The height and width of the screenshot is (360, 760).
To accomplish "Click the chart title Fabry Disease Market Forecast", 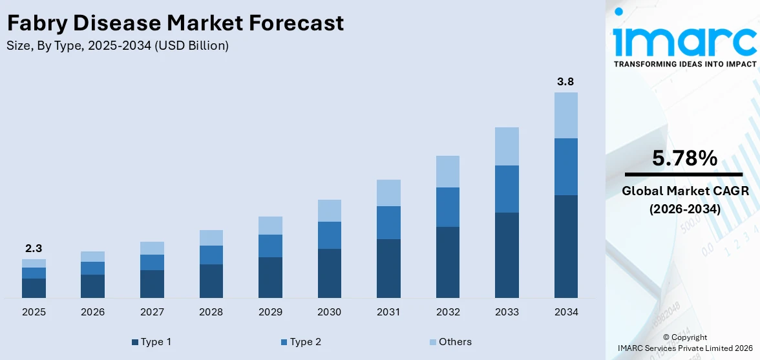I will click(x=175, y=24).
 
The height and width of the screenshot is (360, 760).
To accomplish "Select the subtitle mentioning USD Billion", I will click(x=117, y=46).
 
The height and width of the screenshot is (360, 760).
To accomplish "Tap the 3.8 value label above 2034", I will click(x=565, y=82).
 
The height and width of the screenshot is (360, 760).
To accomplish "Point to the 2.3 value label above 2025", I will click(x=34, y=248).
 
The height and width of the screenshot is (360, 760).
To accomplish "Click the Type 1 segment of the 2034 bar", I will click(x=565, y=246).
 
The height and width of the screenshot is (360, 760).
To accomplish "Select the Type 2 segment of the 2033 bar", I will click(x=507, y=189).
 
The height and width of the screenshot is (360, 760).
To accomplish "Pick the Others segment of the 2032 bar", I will click(x=447, y=171).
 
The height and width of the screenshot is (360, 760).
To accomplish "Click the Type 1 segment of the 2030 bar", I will click(x=329, y=273).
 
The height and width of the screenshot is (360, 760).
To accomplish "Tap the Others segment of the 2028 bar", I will click(x=211, y=237).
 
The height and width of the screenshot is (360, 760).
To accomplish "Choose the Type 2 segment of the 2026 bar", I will click(x=92, y=268).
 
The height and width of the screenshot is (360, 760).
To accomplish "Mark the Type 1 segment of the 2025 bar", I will click(x=34, y=288).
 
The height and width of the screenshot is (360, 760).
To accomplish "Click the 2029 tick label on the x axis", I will click(x=270, y=312).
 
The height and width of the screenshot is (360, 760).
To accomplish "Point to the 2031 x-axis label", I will click(x=388, y=312).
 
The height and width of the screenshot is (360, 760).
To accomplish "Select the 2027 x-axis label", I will click(x=152, y=312).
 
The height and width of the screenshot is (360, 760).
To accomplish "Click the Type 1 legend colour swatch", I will click(x=135, y=342).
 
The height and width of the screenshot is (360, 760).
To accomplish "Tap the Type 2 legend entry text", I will click(x=305, y=342).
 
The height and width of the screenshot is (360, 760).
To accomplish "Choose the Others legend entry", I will click(x=455, y=342).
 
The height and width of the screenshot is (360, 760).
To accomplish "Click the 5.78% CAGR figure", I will click(x=684, y=158).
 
